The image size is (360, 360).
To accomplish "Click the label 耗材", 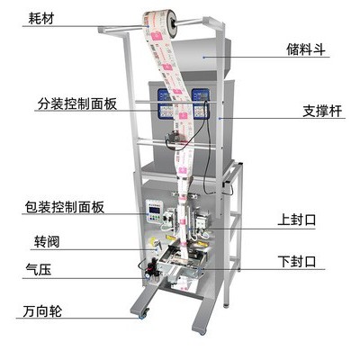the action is coord(40,18).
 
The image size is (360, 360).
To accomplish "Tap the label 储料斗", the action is coord(306,49).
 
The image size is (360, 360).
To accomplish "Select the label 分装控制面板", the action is coord(77,104).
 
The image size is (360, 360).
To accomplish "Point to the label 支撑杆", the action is coord(322,111).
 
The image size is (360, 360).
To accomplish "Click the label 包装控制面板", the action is coord(65,207).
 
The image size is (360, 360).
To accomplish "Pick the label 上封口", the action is coord(297,220).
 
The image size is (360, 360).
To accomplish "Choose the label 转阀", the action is coord(47,242).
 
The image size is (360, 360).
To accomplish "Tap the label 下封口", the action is coord(297,261).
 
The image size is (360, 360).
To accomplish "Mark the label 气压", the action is coord(39,269).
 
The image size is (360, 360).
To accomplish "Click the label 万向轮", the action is coord(42,311).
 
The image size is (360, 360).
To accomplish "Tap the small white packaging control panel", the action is coord(154,211).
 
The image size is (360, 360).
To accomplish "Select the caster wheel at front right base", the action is coord(202,330).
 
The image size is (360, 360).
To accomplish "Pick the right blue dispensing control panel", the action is coord(200,103).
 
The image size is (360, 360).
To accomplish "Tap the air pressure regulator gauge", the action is coord(148,274).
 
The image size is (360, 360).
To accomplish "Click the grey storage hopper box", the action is coord(199,56).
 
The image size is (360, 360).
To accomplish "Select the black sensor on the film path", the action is coord(172,138).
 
